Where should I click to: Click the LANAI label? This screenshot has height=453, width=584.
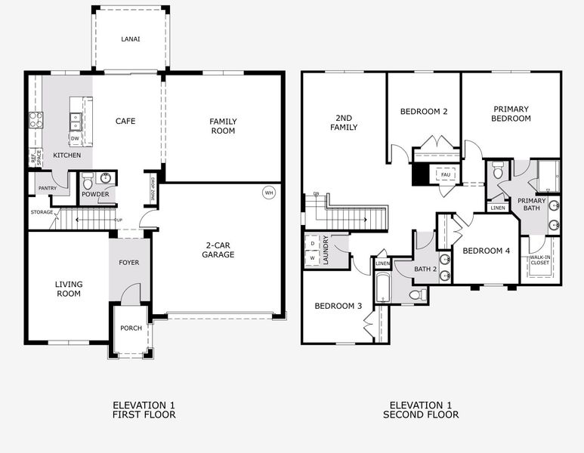tap(131, 39)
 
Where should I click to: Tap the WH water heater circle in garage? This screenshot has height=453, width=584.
tap(269, 192)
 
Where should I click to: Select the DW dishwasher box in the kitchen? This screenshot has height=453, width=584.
tap(75, 138)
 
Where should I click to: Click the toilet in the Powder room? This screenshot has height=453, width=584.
tap(88, 181)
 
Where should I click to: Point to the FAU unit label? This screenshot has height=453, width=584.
tap(446, 175)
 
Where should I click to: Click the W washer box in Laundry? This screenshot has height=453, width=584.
tap(313, 258)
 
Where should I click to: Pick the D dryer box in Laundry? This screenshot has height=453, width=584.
tap(313, 244)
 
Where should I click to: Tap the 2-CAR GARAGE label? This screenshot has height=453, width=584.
tap(219, 250)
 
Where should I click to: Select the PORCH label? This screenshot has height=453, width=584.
tap(131, 328)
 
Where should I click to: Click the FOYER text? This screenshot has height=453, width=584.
tap(129, 263)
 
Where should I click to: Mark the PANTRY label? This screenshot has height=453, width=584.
tap(47, 188)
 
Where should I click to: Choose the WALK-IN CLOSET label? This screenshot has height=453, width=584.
tap(539, 260)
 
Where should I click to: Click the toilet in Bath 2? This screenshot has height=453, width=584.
tap(416, 294)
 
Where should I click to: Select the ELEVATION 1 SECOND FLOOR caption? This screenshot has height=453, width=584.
tap(421, 410)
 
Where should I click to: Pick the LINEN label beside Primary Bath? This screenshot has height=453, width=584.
tap(497, 208)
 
